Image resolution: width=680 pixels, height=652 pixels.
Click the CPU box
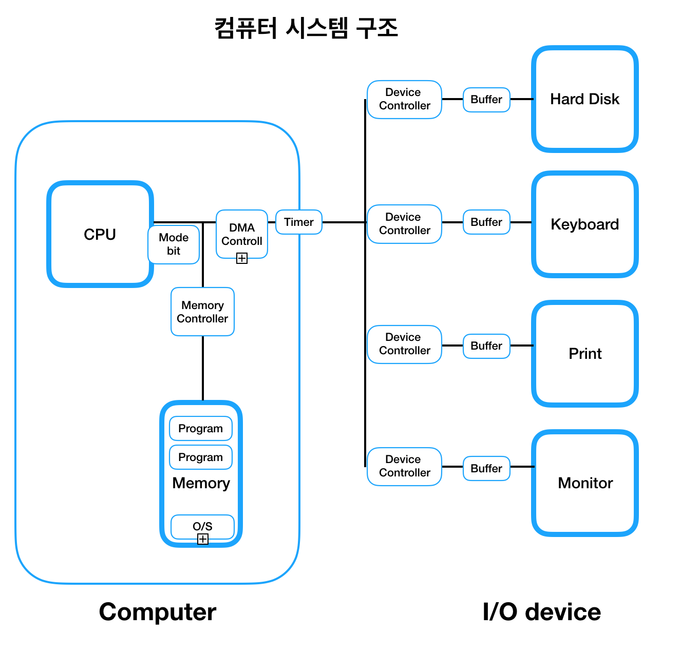(x=100, y=234)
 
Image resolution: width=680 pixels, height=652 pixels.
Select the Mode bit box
(x=174, y=244)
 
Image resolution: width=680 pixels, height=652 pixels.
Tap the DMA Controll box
(x=242, y=234)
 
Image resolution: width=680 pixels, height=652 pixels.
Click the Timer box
(x=299, y=222)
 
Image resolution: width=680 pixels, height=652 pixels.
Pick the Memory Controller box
(x=202, y=312)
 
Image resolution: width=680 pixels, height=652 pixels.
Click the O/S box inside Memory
(x=202, y=526)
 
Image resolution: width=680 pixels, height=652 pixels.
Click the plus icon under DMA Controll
(x=242, y=258)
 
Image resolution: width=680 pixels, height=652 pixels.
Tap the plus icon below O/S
(x=203, y=539)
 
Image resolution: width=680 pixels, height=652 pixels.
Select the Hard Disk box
(x=584, y=99)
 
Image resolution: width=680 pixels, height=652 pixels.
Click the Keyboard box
(x=584, y=224)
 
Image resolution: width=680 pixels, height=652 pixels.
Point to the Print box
(x=584, y=354)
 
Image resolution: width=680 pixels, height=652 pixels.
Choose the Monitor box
(x=584, y=483)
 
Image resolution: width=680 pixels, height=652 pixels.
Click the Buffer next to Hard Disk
(x=486, y=100)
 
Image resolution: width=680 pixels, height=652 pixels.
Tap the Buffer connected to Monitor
(x=486, y=468)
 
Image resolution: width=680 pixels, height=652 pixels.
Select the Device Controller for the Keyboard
(x=404, y=224)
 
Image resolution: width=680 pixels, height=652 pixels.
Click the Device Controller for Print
(x=404, y=344)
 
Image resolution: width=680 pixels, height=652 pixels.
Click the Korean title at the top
(x=306, y=28)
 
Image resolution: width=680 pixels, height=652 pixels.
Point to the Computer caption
(x=157, y=611)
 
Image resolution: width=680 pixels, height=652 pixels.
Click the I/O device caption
(x=541, y=611)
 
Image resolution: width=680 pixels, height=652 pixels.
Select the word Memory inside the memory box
(x=201, y=483)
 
